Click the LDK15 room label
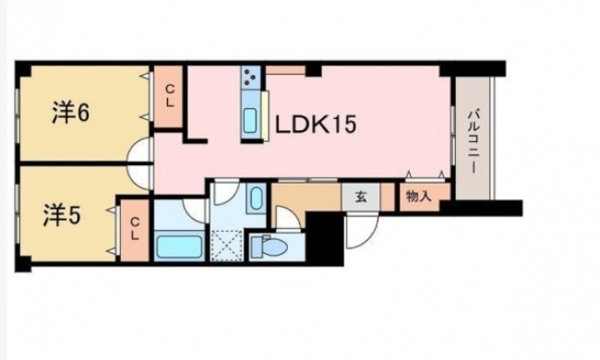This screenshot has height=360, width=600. pyautogui.click(x=316, y=125)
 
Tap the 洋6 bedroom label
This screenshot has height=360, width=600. pyautogui.click(x=71, y=113)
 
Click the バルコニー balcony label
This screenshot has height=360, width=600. pyautogui.click(x=474, y=141)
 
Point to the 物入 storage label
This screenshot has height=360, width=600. pyautogui.click(x=419, y=197)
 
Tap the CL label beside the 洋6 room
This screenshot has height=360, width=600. pyautogui.click(x=170, y=96)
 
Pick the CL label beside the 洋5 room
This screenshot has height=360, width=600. pyautogui.click(x=135, y=229)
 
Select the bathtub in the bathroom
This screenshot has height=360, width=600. pyautogui.click(x=179, y=246)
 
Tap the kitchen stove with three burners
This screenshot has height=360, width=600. pyautogui.click(x=251, y=77)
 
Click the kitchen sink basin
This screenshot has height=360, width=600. pyautogui.click(x=250, y=120)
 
